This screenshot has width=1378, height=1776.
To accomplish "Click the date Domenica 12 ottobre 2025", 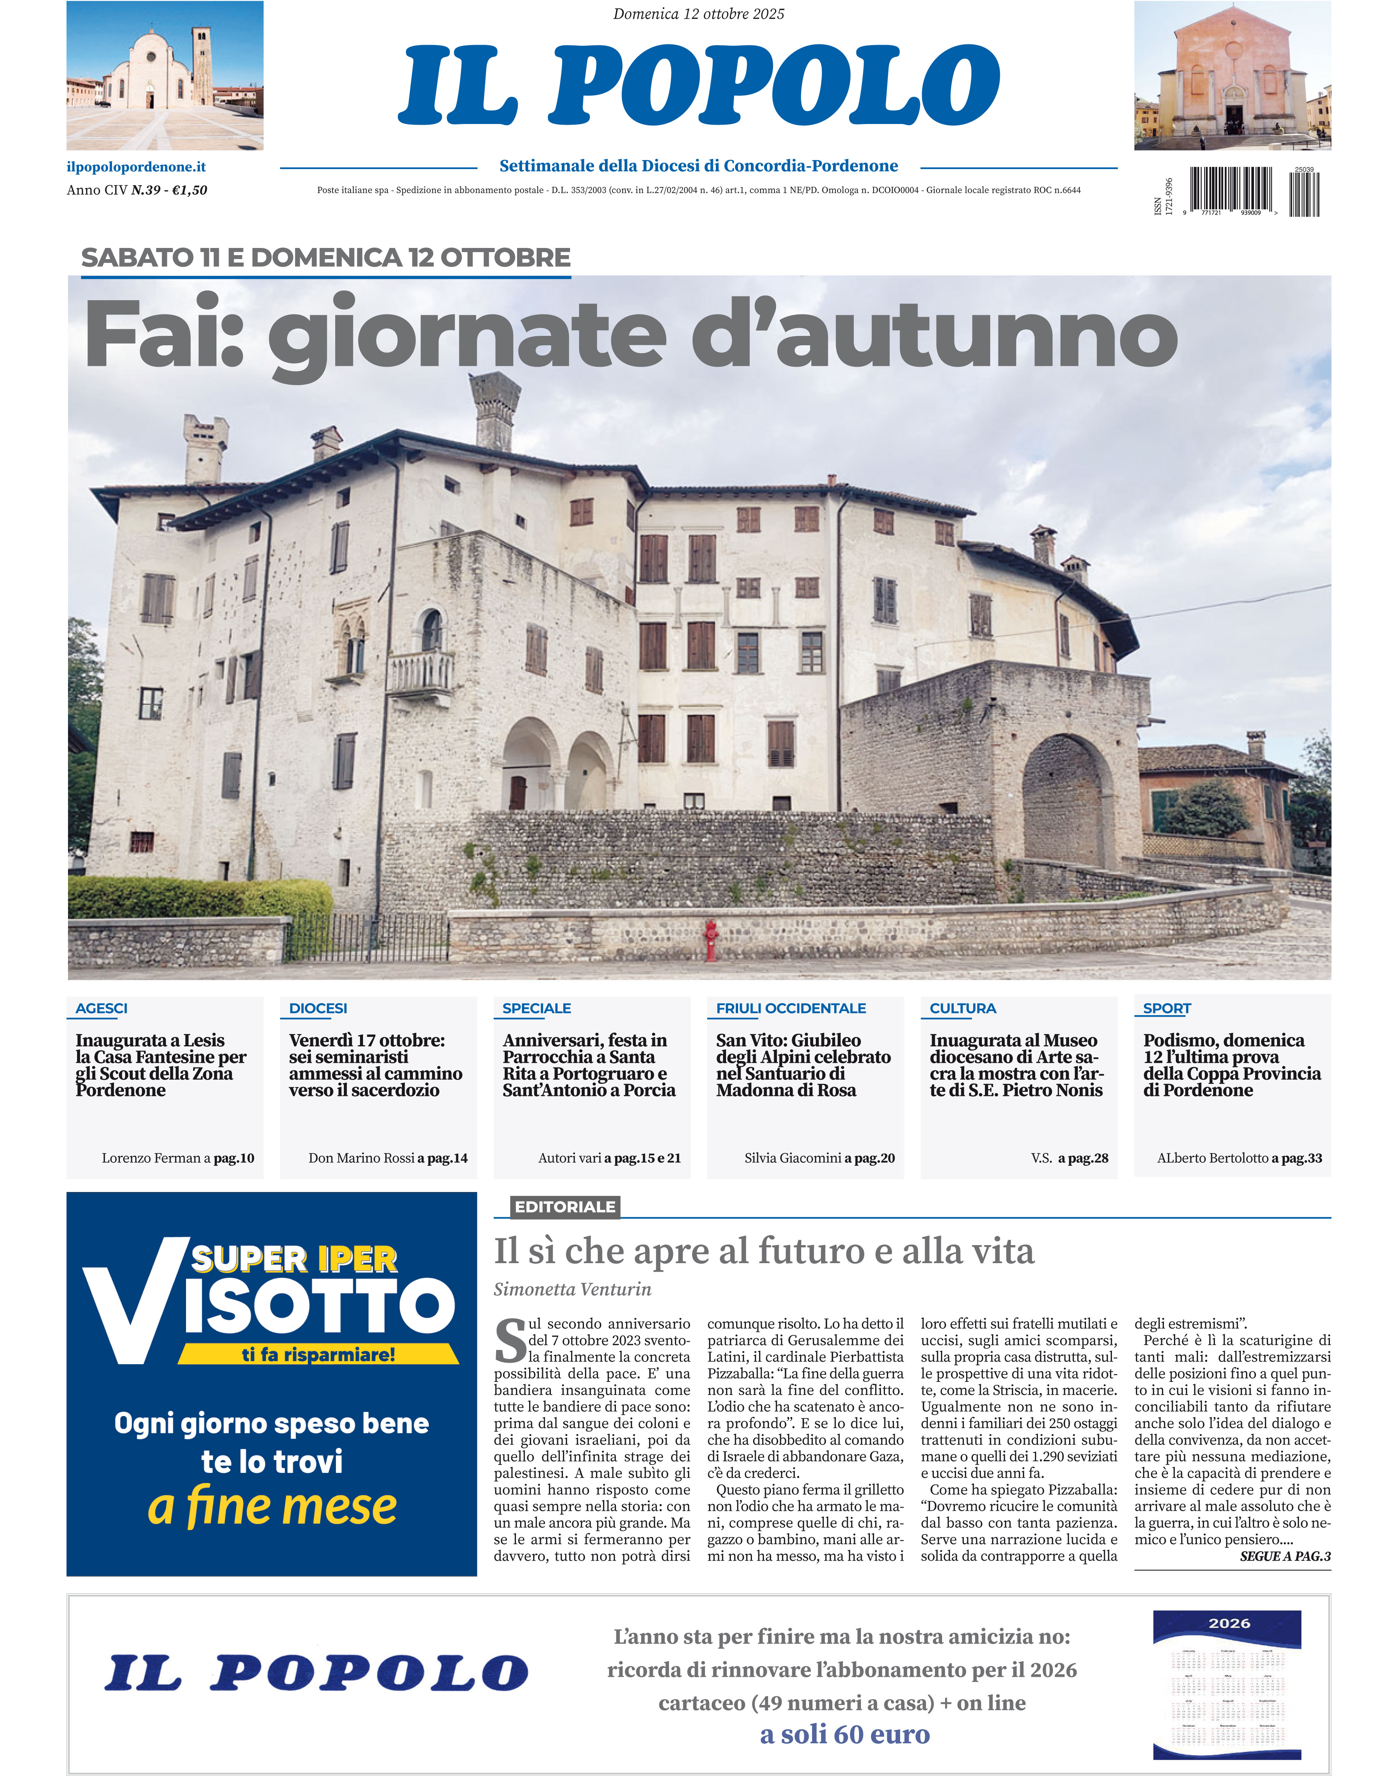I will point(698,14).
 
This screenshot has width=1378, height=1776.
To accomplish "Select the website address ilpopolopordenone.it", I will point(136,167).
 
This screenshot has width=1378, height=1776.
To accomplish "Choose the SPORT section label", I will point(1166,1008).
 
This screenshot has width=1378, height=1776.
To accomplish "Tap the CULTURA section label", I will point(962,1008).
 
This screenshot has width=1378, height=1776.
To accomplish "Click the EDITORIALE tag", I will point(564,1207).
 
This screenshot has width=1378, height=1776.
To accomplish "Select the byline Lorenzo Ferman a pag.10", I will point(177,1158).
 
